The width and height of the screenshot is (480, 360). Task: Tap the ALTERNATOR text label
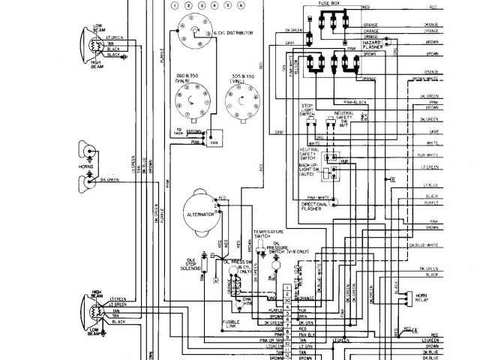pos(200,214)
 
